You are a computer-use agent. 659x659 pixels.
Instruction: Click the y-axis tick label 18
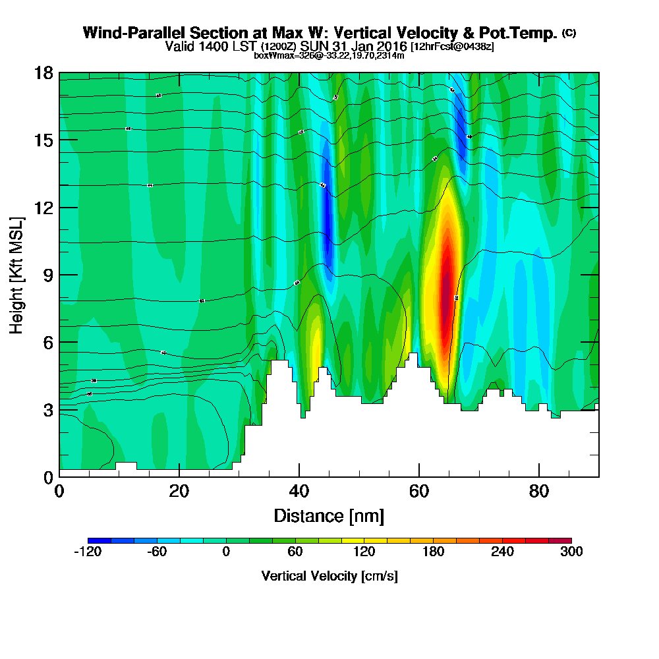click(x=44, y=72)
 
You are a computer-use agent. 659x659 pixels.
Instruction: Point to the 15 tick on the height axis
click(x=44, y=140)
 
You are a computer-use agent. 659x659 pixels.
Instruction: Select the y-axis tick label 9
click(x=49, y=275)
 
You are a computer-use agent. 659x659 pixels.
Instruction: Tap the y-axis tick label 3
click(x=49, y=410)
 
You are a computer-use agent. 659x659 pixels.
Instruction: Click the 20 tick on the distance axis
click(x=179, y=491)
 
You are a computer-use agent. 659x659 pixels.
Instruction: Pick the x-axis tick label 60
click(x=419, y=491)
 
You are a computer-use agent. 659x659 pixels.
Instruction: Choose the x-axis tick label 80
click(x=539, y=491)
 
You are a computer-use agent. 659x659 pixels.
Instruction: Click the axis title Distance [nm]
click(x=329, y=515)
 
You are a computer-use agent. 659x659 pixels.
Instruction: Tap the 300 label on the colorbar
click(x=571, y=552)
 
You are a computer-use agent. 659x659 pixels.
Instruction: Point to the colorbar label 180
click(x=433, y=552)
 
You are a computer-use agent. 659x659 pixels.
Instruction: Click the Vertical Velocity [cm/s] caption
click(x=329, y=576)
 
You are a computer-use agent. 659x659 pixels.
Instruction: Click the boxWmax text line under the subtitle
click(x=329, y=55)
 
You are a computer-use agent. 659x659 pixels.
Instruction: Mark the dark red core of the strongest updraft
click(x=446, y=290)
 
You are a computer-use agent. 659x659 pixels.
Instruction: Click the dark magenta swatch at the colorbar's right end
click(x=565, y=541)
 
